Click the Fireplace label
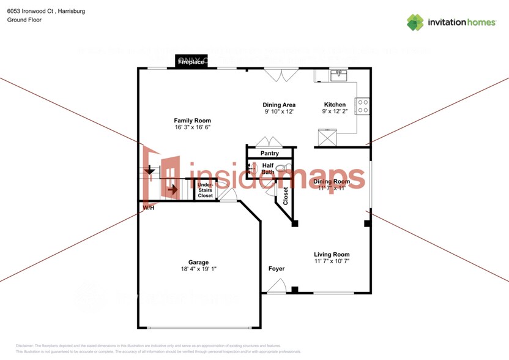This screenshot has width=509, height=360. (191, 62)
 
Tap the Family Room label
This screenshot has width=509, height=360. (192, 121)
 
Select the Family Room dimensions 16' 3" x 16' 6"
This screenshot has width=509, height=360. (192, 128)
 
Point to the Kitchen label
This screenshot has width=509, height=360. (335, 105)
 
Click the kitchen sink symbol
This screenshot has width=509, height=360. (338, 75)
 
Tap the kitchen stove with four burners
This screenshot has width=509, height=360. (363, 107)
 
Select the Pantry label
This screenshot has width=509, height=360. (270, 153)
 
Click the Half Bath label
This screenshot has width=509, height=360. (268, 169)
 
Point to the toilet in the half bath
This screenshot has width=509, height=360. (281, 168)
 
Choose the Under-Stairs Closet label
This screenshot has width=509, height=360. (205, 190)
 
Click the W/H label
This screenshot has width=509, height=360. (148, 208)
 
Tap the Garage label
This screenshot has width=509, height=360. (198, 262)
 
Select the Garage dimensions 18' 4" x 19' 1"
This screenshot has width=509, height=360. (199, 269)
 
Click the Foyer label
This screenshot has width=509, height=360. (277, 269)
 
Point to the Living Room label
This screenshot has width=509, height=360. (332, 255)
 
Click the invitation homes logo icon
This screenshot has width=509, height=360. (415, 23)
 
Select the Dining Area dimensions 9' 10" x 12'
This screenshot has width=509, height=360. (279, 112)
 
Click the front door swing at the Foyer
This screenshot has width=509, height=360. (277, 286)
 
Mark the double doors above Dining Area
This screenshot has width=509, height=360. (281, 75)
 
